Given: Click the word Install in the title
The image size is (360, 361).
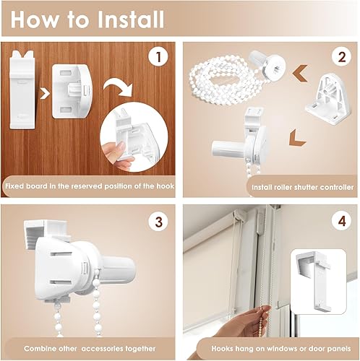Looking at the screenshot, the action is tap(131, 19).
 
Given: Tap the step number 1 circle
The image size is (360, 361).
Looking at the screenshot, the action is tap(158, 57).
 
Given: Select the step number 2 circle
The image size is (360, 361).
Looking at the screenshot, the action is tap(342, 57).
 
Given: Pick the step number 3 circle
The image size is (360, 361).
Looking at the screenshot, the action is tap(158, 222).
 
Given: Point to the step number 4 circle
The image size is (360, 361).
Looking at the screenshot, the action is tap(342, 222).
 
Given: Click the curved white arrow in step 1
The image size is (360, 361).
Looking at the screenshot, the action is tap(118, 87).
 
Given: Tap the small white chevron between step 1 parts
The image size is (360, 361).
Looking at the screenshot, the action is tap(45, 94).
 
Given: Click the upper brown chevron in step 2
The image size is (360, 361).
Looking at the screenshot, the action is tap(300, 73).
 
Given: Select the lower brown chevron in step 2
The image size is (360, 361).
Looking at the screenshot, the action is tap(297, 137).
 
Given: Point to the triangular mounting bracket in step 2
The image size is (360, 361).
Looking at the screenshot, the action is tap(329, 99).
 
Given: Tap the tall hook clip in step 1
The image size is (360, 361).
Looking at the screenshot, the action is tap(22, 90).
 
